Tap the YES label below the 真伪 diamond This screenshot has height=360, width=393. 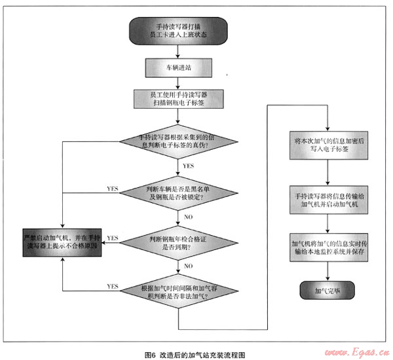pos(188,167)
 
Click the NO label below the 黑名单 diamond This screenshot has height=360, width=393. pos(187,217)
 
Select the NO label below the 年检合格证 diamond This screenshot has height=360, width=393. pos(187,266)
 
